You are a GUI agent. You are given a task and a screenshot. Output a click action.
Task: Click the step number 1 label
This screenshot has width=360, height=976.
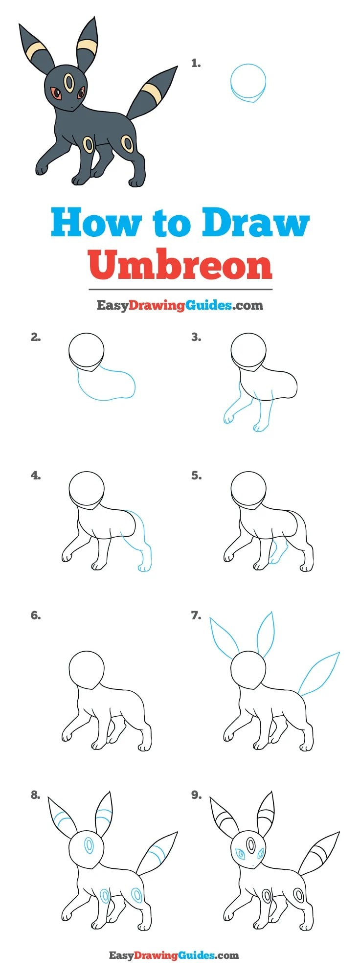[x=196, y=63]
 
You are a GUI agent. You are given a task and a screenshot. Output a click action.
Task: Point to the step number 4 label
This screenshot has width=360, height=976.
[x=35, y=476]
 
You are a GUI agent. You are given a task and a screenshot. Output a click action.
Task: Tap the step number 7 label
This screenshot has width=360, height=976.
[x=196, y=616]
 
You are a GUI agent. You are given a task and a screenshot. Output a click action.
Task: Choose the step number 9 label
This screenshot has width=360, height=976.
[x=196, y=795]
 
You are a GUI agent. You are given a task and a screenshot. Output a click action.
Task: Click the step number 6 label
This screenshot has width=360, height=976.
[x=35, y=616]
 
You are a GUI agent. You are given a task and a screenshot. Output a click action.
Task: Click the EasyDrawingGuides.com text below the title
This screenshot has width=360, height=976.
[x=180, y=306]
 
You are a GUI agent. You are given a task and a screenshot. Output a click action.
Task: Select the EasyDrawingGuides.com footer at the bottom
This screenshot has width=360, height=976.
[x=174, y=955]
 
